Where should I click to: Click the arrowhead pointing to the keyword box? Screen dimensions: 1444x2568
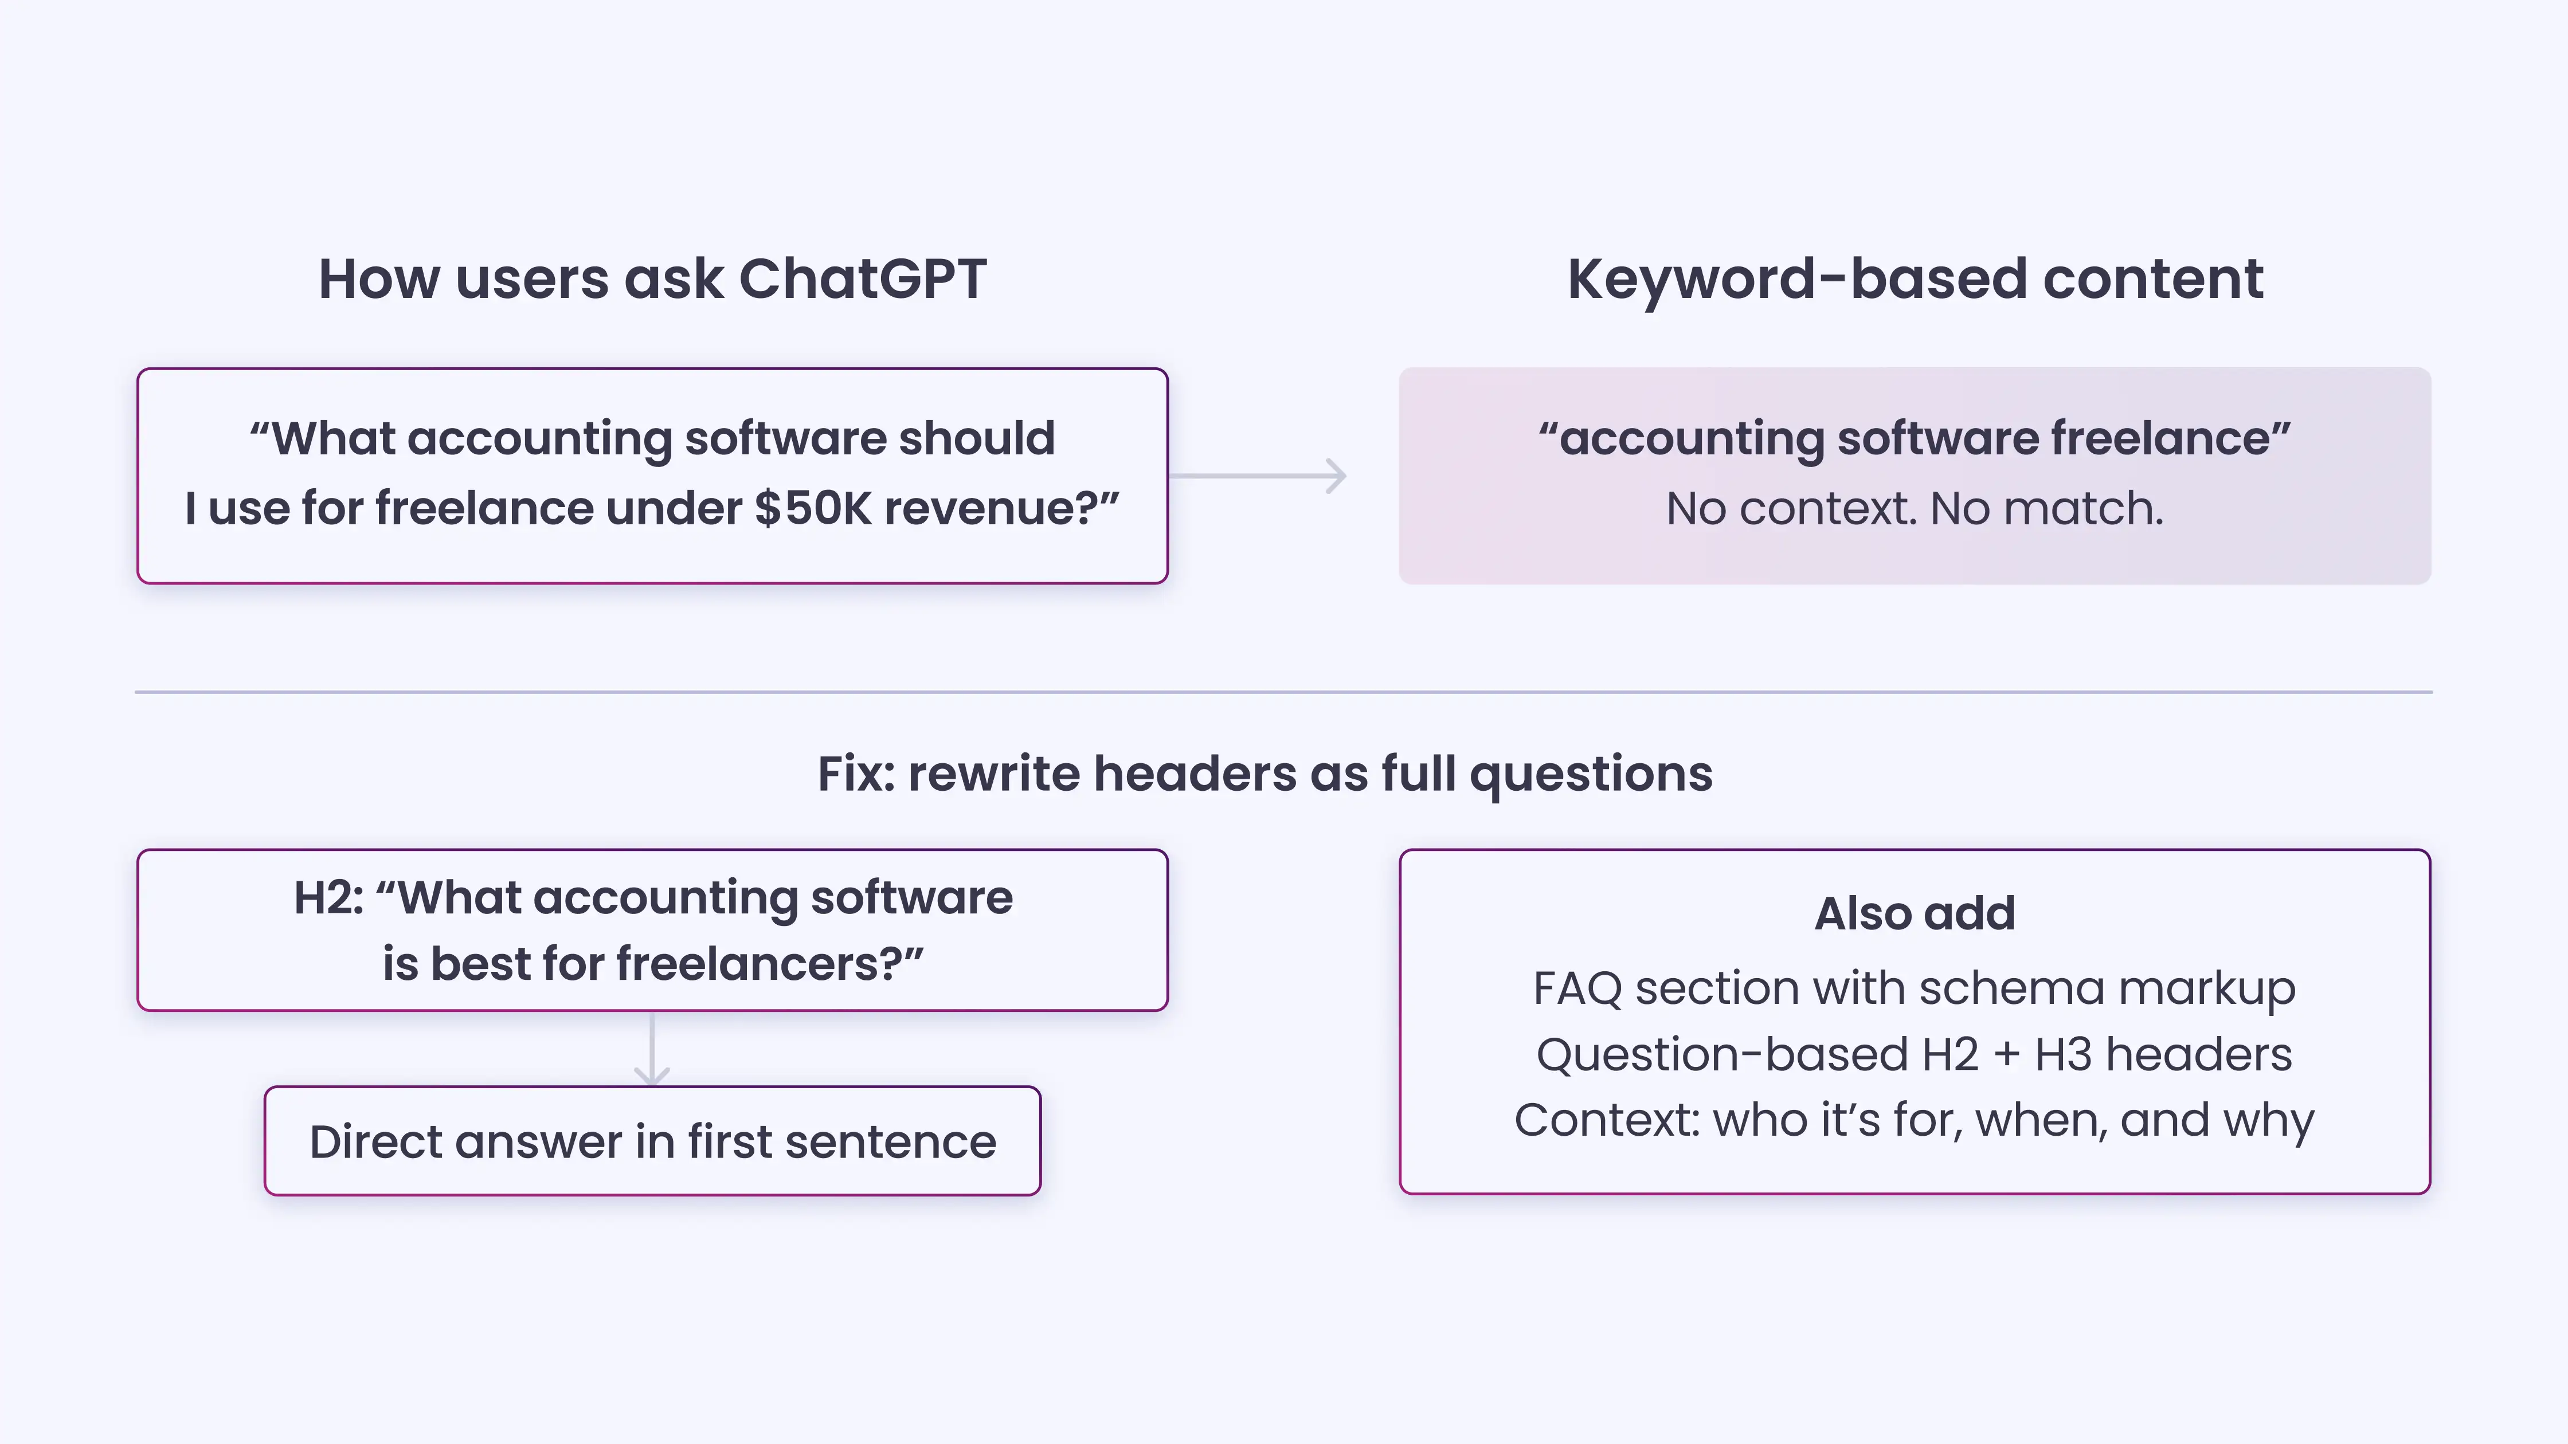1335,476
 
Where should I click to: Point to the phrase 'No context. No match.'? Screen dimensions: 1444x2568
1914,509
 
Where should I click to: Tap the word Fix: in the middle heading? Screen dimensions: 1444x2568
855,774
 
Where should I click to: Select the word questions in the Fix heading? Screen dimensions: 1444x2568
1591,774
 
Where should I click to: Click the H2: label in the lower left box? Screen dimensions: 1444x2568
328,898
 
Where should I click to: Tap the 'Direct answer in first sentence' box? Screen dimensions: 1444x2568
652,1141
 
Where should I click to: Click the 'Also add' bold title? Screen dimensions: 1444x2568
1914,914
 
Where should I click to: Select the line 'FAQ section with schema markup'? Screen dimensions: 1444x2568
1914,988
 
